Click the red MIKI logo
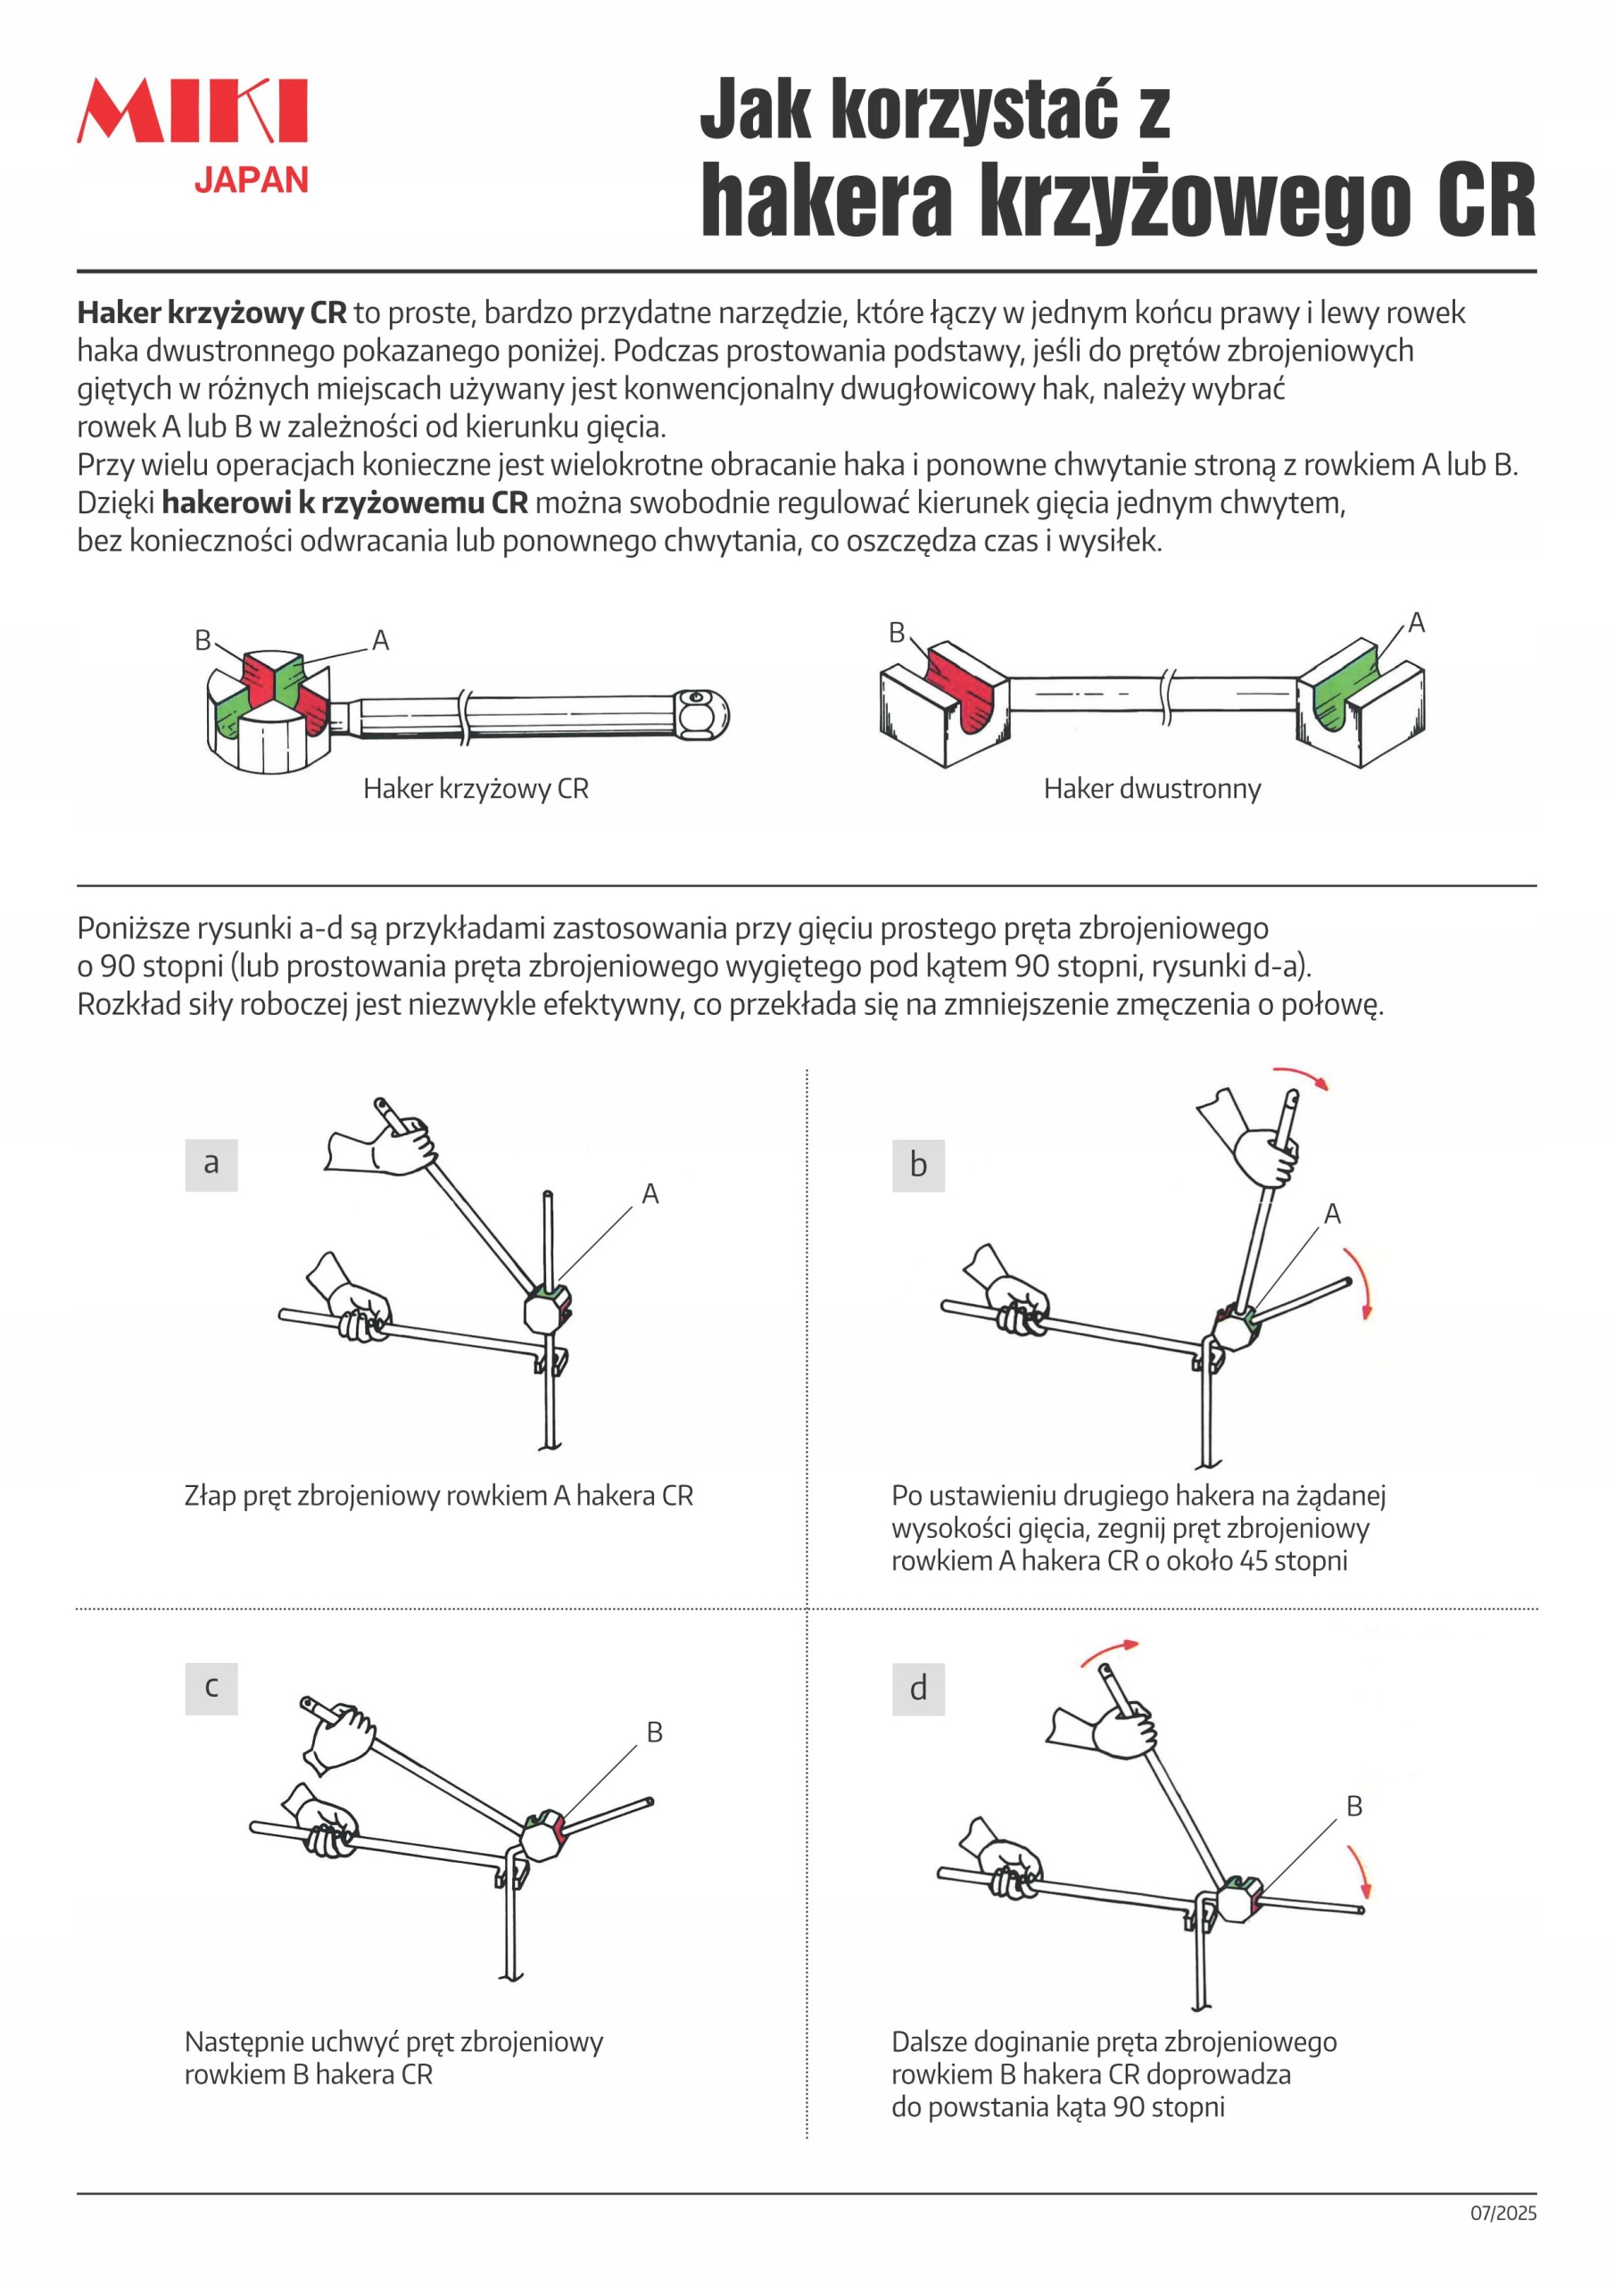[192, 111]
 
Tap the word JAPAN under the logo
[251, 180]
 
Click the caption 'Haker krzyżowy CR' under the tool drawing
[476, 789]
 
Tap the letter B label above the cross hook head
[203, 640]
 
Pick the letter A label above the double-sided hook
[1416, 623]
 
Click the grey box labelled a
[211, 1165]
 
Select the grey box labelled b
[917, 1166]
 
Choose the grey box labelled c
[211, 1688]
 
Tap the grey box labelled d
[917, 1689]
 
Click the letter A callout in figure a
[650, 1193]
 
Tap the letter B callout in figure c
[654, 1732]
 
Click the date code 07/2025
[1502, 2214]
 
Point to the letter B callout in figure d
[1353, 1807]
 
